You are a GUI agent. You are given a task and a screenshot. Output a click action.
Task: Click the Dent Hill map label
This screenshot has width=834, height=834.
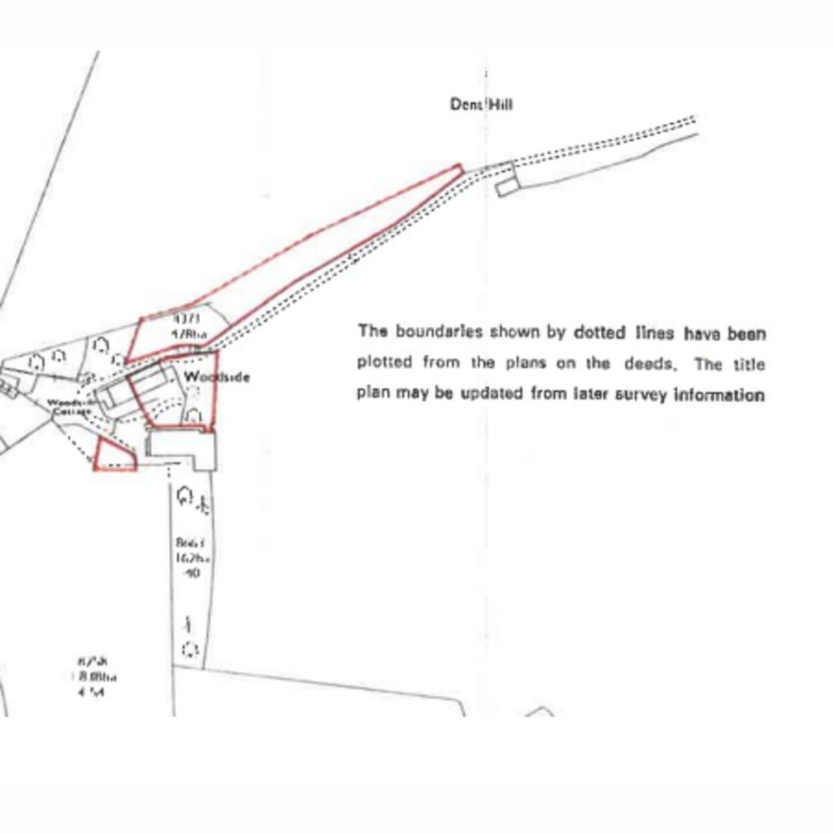481,104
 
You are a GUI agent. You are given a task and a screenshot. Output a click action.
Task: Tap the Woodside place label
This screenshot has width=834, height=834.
217,377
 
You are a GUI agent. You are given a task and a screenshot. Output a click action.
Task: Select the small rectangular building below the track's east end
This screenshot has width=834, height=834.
506,187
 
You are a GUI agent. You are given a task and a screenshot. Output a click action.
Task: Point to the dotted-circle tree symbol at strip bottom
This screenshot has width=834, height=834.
190,649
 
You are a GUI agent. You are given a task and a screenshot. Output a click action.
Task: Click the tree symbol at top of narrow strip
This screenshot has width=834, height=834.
184,495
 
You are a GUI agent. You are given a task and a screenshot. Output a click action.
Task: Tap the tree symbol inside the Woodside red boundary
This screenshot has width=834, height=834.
193,416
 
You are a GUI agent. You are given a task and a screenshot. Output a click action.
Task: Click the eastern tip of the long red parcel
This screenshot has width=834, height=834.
459,169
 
